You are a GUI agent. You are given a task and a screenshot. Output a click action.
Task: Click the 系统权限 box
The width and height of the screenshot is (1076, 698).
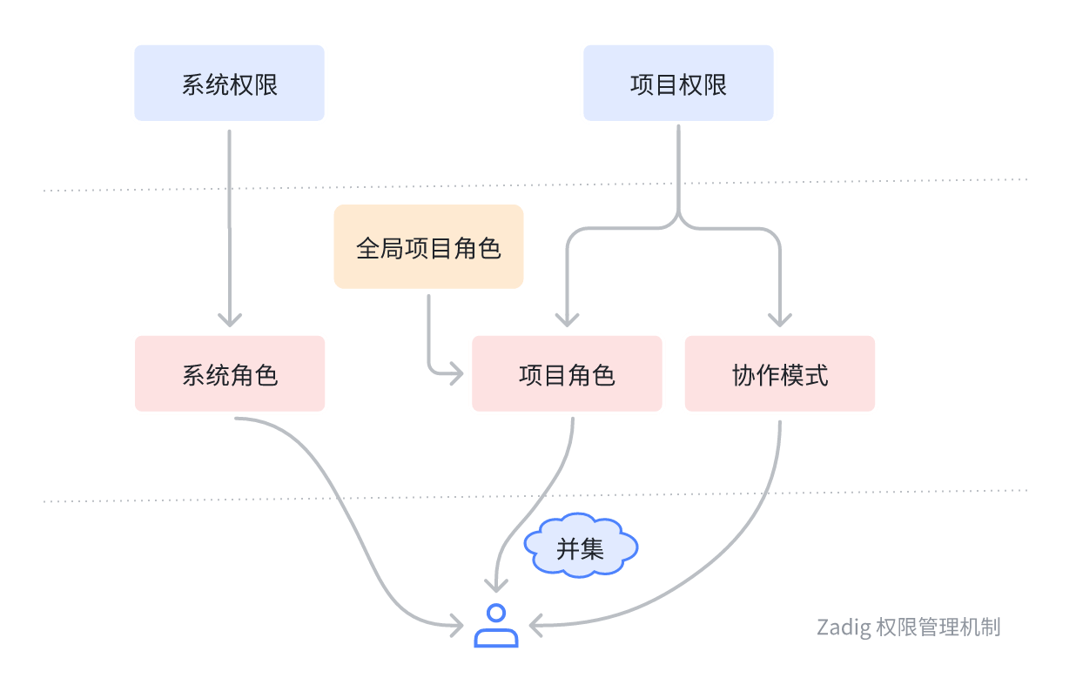(x=229, y=84)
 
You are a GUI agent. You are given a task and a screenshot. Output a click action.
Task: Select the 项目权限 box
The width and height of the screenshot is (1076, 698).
(x=678, y=84)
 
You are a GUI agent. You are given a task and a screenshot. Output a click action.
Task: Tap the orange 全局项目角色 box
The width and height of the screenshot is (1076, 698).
(x=428, y=247)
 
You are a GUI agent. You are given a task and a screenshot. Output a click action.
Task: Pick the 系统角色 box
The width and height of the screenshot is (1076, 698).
(x=230, y=374)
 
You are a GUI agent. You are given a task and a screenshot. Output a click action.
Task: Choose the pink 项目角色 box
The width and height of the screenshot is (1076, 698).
(x=567, y=374)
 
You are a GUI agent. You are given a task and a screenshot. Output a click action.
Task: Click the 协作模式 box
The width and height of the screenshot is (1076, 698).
(x=780, y=374)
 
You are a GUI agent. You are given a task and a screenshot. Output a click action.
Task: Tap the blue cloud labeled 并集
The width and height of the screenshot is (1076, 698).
(x=581, y=548)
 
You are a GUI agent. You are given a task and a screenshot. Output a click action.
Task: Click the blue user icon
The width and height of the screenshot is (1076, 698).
(x=496, y=626)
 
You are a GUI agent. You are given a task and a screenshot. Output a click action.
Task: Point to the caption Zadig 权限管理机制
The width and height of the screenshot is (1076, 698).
(x=908, y=627)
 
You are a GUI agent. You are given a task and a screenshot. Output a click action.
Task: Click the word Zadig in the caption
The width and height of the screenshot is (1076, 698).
(x=843, y=627)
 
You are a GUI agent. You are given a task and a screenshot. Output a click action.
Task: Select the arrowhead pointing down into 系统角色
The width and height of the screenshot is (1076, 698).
(x=229, y=319)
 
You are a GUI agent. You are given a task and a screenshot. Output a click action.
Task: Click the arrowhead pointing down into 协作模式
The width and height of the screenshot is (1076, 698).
(x=779, y=319)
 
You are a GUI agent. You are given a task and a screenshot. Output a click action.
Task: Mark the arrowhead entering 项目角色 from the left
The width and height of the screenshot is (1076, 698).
(x=457, y=375)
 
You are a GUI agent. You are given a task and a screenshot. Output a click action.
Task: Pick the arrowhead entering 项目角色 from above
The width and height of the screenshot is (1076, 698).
(x=567, y=319)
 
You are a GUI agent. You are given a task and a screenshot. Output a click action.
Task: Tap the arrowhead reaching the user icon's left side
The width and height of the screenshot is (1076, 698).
(x=457, y=624)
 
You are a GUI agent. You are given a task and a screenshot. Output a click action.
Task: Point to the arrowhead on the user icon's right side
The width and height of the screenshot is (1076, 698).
(x=535, y=624)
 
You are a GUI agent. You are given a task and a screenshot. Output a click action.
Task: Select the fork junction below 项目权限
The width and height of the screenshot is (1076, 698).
(x=678, y=219)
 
